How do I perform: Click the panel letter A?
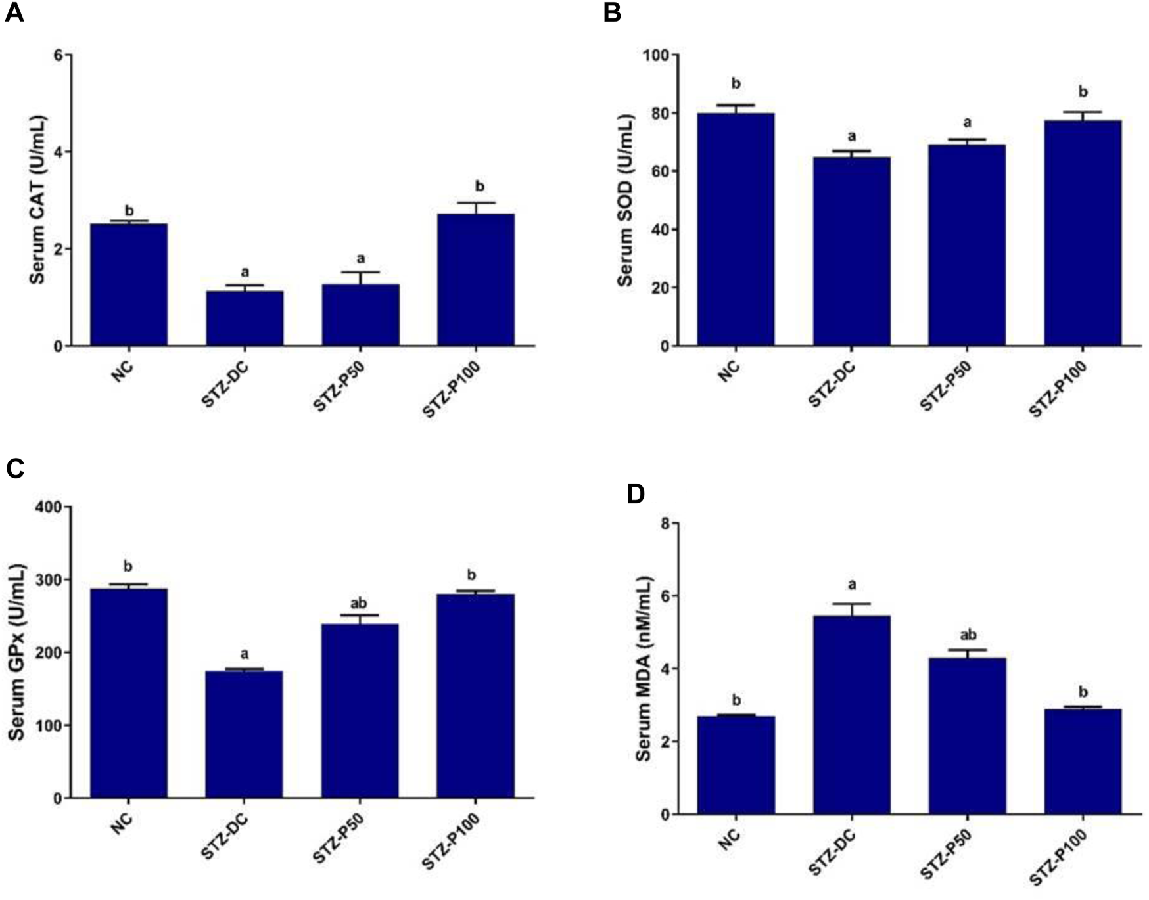coord(14,12)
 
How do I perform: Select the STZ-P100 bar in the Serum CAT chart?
coord(476,279)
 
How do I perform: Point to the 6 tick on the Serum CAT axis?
coord(58,55)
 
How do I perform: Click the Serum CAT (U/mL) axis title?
coord(37,200)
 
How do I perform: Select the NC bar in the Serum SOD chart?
coord(736,229)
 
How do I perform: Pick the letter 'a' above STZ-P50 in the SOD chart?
coord(967,123)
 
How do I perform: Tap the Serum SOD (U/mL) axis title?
coord(625,200)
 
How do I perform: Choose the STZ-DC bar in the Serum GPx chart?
coord(245,734)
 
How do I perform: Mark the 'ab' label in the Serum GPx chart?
coord(359,603)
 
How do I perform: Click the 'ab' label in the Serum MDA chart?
coord(968,635)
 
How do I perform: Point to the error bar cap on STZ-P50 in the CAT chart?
coord(360,272)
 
